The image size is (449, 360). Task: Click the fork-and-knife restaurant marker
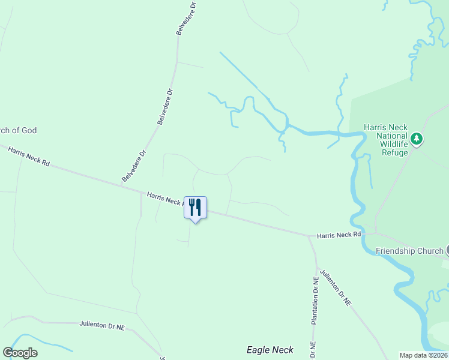(195, 208)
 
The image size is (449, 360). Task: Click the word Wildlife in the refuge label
(393, 144)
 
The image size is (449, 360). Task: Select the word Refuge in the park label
(395, 152)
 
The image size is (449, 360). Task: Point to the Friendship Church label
(409, 251)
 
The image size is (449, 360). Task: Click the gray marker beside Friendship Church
(447, 251)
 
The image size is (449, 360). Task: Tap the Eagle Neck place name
(270, 350)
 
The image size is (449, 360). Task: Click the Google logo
(20, 353)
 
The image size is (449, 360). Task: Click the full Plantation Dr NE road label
(314, 301)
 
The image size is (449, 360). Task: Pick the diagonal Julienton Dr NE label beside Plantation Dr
(336, 289)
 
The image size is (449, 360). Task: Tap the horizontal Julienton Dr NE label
(102, 325)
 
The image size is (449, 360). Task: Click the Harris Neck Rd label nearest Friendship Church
(339, 235)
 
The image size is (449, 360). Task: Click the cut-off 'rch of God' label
(18, 130)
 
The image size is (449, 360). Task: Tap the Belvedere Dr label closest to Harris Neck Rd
(134, 166)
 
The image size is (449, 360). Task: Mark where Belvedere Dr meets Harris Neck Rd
(122, 186)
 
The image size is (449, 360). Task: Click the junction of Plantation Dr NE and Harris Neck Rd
(309, 236)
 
